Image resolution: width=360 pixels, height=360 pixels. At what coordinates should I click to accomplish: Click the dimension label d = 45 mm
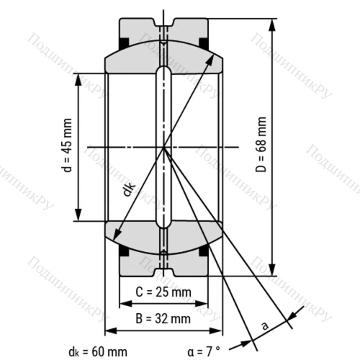pos(67,147)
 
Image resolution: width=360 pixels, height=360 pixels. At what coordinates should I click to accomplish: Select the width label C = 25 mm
pos(163,292)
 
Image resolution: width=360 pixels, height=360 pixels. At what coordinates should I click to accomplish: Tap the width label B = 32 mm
pos(163,318)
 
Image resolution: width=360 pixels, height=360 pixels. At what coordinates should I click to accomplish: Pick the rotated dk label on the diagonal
pos(128,189)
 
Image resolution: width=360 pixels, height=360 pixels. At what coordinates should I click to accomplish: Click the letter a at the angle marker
pos(265,325)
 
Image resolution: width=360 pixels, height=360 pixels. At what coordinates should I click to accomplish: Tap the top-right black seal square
pos(204,44)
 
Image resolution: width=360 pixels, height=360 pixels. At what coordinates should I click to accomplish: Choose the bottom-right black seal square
pos(204,251)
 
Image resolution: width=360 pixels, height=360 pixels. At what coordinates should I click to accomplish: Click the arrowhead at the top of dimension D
pos(273,24)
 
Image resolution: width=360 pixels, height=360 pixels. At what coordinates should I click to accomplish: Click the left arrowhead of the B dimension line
pos(110,331)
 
